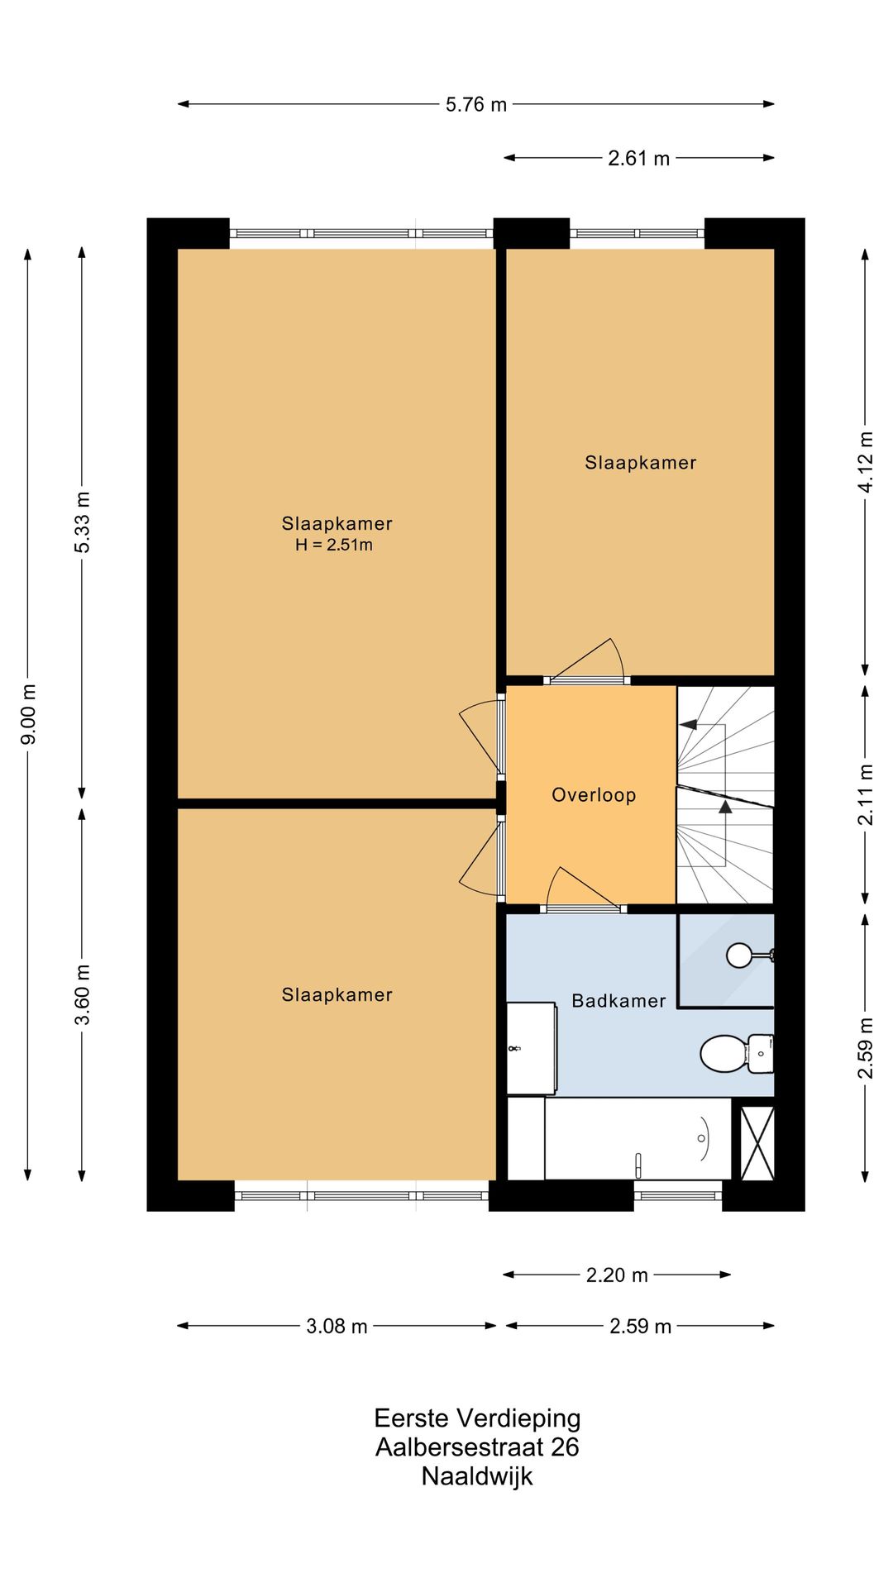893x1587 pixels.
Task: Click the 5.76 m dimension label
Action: click(x=475, y=105)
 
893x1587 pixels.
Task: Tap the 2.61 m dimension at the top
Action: click(x=638, y=158)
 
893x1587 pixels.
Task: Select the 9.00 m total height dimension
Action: click(x=28, y=714)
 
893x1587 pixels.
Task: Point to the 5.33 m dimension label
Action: click(x=82, y=522)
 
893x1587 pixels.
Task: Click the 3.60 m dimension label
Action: click(x=82, y=994)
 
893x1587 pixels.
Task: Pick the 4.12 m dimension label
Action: click(x=865, y=462)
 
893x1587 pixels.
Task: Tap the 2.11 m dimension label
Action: click(x=865, y=794)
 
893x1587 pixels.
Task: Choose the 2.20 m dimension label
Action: click(x=617, y=1275)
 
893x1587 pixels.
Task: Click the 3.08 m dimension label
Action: click(x=337, y=1326)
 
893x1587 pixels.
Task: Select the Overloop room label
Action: click(x=594, y=795)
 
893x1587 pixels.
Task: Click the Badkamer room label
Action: click(x=618, y=1001)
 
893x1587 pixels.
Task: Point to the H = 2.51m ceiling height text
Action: click(x=334, y=545)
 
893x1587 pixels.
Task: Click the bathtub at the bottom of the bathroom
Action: click(x=637, y=1139)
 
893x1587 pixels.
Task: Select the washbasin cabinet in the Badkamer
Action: click(x=530, y=1048)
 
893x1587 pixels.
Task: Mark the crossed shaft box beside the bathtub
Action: click(x=757, y=1143)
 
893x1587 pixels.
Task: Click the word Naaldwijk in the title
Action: click(x=477, y=1475)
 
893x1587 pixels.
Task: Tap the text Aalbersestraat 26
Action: click(x=477, y=1446)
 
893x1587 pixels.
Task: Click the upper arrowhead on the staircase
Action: click(x=687, y=725)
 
